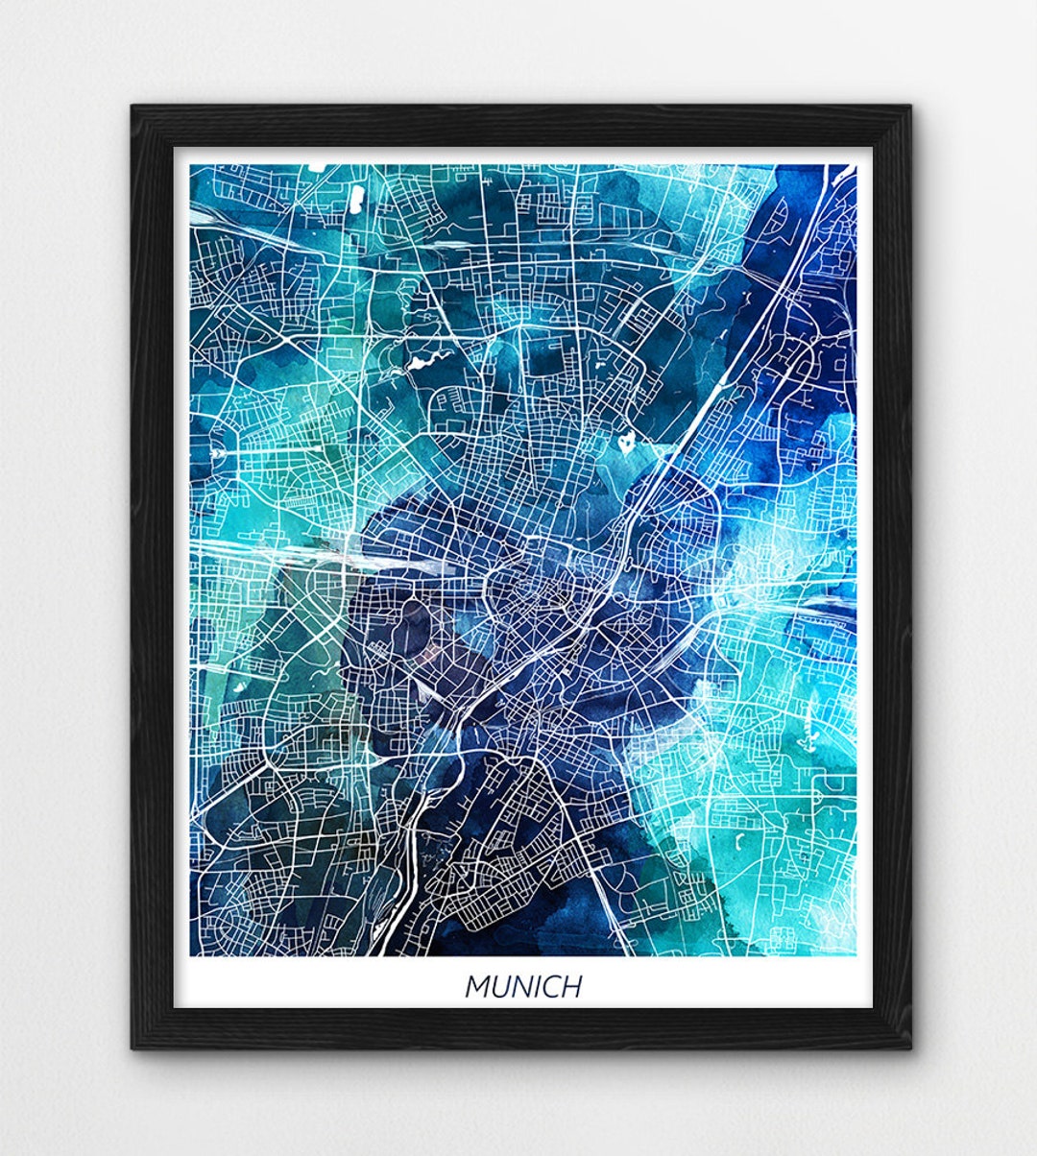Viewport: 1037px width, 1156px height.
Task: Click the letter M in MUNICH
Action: coord(476,986)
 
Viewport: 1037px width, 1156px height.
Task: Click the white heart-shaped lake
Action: coord(625,444)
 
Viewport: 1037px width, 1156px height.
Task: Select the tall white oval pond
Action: coord(354,200)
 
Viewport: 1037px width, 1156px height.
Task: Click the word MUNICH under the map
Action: coord(523,986)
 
